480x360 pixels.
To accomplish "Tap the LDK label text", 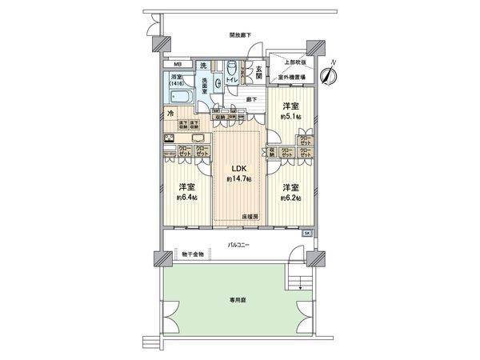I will coord(239,169).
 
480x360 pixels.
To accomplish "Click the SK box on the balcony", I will coord(308,233).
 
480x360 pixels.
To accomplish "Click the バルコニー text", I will coord(238,243).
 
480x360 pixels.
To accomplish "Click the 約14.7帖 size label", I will coord(239,179).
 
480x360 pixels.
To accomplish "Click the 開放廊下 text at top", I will coord(239,35).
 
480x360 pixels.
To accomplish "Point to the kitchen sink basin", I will coord(171,137).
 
